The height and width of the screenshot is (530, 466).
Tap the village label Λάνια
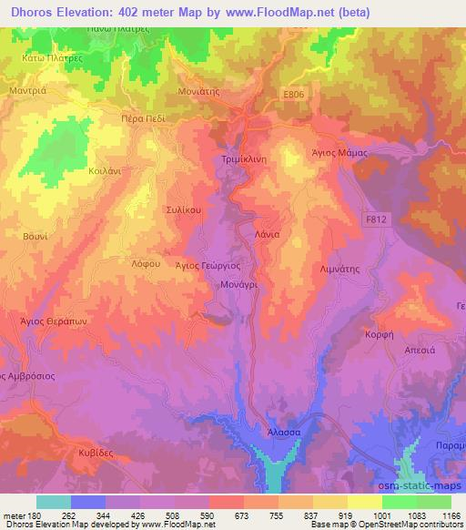[265, 233]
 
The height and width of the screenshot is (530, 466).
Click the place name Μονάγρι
[240, 284]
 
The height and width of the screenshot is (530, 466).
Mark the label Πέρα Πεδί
[145, 117]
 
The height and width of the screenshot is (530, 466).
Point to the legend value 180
[34, 514]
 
